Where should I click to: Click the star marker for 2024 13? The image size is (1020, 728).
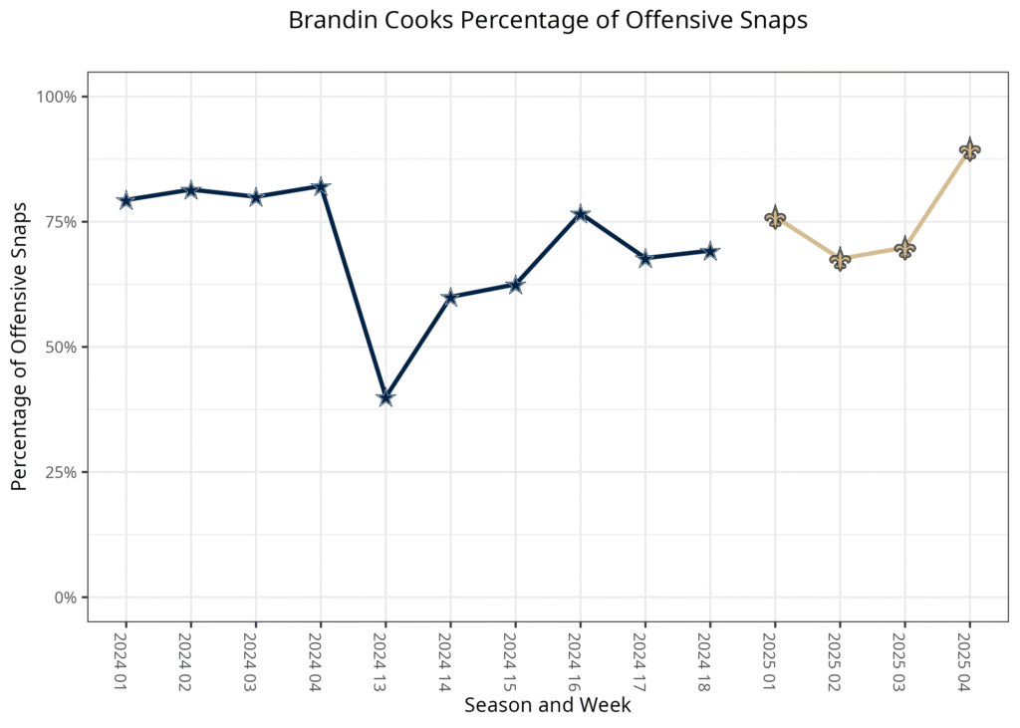pyautogui.click(x=385, y=397)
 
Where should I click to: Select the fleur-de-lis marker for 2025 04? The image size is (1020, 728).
pyautogui.click(x=969, y=150)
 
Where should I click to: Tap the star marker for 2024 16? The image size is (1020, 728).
pyautogui.click(x=580, y=214)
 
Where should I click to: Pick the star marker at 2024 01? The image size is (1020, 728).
pyautogui.click(x=126, y=200)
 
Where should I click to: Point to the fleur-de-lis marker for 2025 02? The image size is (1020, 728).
pyautogui.click(x=840, y=260)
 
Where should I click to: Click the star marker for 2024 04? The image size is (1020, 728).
pyautogui.click(x=321, y=186)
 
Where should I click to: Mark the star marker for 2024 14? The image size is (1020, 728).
pyautogui.click(x=450, y=297)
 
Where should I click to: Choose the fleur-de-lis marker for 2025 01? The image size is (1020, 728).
pyautogui.click(x=775, y=218)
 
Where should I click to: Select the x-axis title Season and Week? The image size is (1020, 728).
pyautogui.click(x=547, y=705)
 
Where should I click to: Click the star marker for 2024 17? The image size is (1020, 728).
pyautogui.click(x=645, y=259)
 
